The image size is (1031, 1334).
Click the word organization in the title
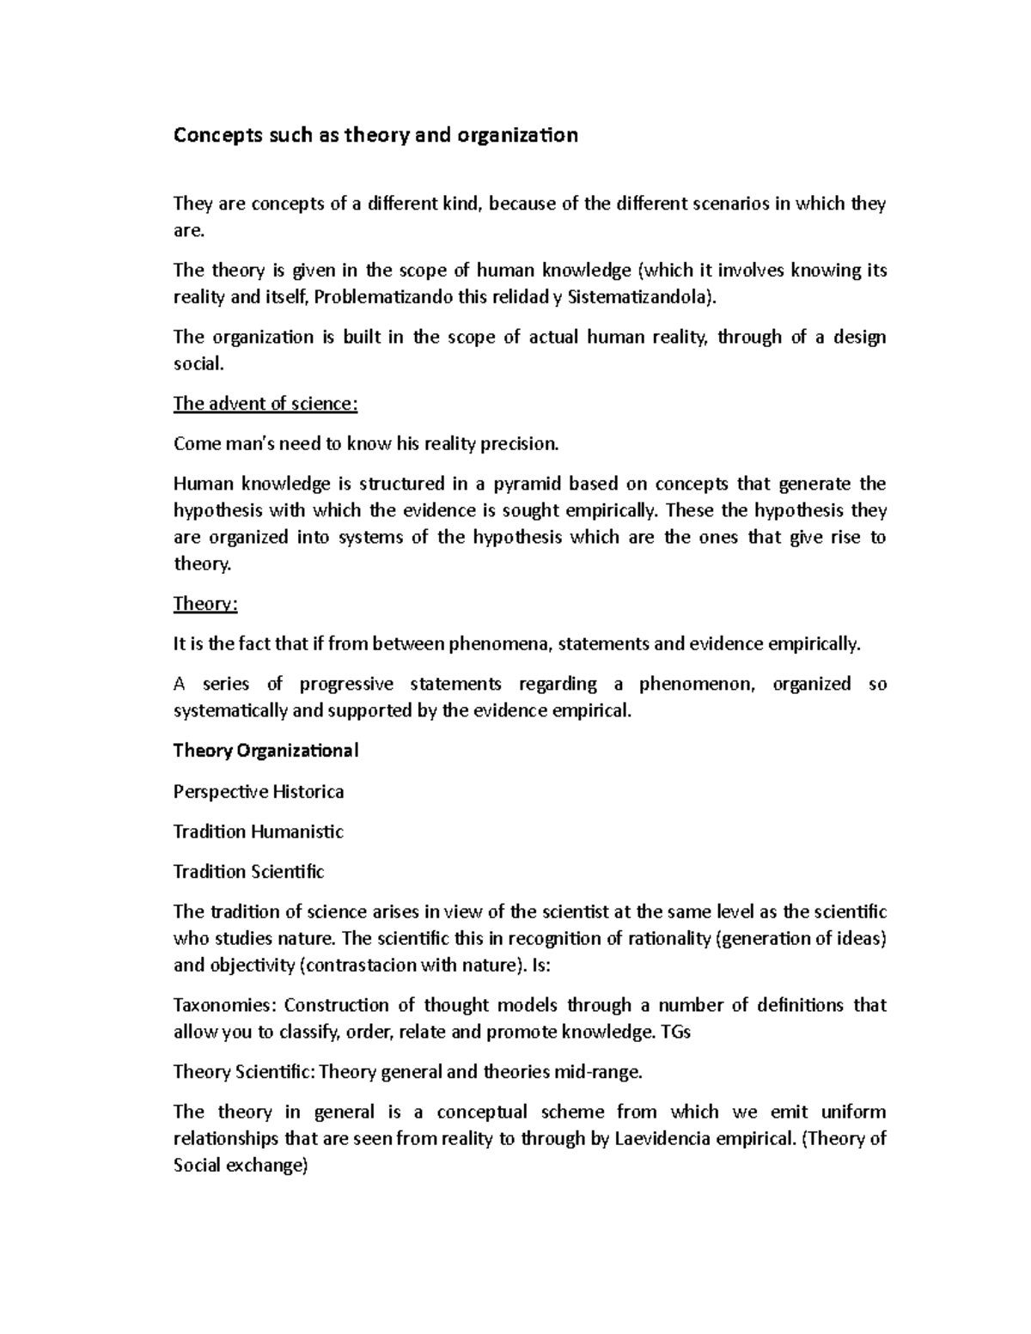(x=518, y=136)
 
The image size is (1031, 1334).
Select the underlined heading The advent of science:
(x=264, y=404)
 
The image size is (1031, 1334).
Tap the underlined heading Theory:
(x=204, y=604)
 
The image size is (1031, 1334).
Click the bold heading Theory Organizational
(x=265, y=751)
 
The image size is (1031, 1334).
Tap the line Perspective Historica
(x=259, y=792)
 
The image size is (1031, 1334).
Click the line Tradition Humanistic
(x=259, y=831)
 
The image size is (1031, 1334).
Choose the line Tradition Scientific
(x=249, y=872)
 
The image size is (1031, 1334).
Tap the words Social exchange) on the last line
(x=240, y=1166)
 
